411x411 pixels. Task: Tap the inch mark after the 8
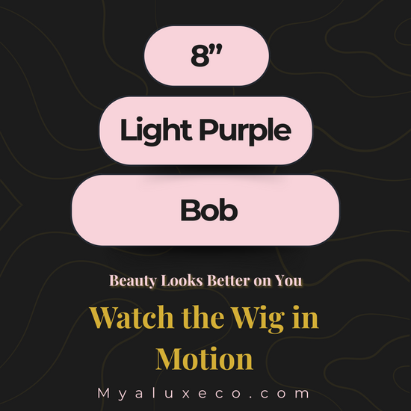tap(217, 49)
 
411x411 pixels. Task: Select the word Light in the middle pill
tap(156, 131)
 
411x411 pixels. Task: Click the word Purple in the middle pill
tap(245, 131)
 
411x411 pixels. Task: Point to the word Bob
tap(209, 210)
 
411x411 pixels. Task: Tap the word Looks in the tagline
tap(182, 280)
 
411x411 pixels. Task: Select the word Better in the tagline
tap(229, 280)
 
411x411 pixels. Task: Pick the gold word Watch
tap(132, 317)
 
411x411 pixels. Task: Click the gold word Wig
tap(259, 318)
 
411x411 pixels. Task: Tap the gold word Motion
tap(205, 359)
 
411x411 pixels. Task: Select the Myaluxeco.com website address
tap(204, 394)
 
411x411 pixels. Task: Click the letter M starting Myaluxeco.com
tap(104, 393)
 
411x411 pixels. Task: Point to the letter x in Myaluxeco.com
tap(186, 395)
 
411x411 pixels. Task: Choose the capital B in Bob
tap(189, 210)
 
